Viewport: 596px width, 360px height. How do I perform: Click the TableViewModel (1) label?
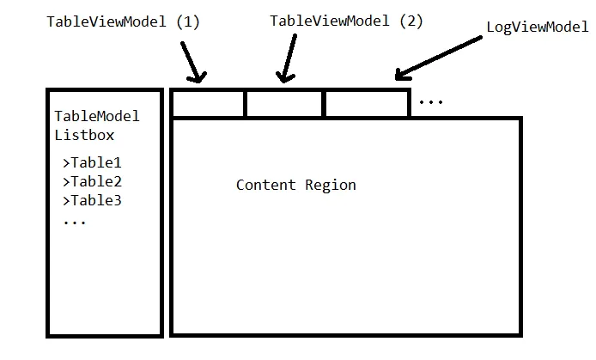[123, 21]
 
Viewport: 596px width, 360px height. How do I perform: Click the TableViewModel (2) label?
[346, 21]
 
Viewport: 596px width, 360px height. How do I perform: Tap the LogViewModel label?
[537, 27]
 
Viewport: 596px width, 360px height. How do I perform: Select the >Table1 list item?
[92, 162]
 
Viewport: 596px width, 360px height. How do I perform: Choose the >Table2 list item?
[92, 181]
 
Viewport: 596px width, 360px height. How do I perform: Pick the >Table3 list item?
[92, 200]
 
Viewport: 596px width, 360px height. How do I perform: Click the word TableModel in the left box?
[96, 117]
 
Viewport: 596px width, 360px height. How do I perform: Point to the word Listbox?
[84, 135]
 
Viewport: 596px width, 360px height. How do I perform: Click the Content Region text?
[295, 185]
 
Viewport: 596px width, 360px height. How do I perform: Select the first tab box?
[208, 103]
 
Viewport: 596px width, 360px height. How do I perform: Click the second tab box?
[284, 103]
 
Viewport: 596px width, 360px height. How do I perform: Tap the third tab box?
[365, 103]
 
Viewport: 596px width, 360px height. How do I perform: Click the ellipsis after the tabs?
[430, 103]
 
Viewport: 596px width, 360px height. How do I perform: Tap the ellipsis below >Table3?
[74, 222]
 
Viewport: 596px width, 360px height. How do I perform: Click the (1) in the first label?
[186, 21]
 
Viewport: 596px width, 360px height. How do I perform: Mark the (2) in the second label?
[410, 21]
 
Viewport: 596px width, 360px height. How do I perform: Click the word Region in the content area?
[330, 185]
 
